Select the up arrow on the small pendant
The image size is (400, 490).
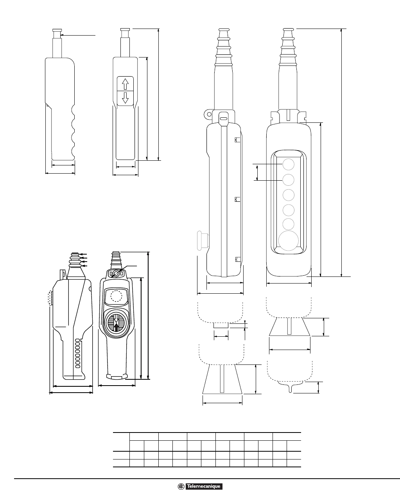pyautogui.click(x=125, y=84)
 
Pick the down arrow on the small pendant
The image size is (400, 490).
pyautogui.click(x=125, y=98)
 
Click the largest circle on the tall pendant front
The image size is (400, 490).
pyautogui.click(x=288, y=241)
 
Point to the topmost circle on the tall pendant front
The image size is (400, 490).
pyautogui.click(x=289, y=164)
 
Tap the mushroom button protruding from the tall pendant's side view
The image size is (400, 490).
pyautogui.click(x=200, y=241)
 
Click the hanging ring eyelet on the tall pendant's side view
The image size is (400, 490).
pyautogui.click(x=209, y=114)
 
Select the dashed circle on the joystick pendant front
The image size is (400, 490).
pyautogui.click(x=116, y=296)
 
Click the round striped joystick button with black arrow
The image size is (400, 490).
pyautogui.click(x=116, y=323)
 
